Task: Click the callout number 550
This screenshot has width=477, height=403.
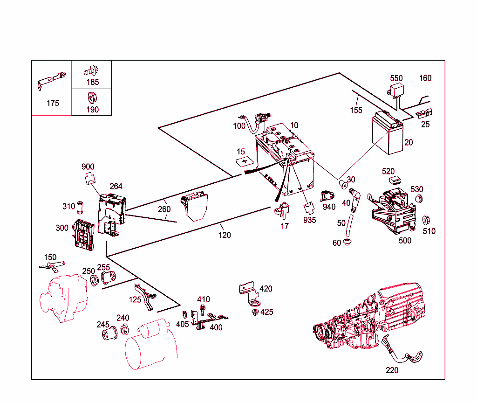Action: pyautogui.click(x=396, y=78)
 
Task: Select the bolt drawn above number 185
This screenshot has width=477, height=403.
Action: pyautogui.click(x=90, y=71)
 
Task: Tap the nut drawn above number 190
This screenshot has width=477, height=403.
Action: pyautogui.click(x=92, y=98)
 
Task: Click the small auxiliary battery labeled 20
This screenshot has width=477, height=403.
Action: pyautogui.click(x=387, y=136)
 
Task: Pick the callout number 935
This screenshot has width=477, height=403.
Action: pyautogui.click(x=309, y=220)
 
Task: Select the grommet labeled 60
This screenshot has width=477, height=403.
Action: pyautogui.click(x=347, y=242)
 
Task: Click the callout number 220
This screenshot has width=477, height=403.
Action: pyautogui.click(x=392, y=370)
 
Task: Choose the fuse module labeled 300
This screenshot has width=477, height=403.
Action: pyautogui.click(x=84, y=235)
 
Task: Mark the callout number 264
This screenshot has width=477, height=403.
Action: pyautogui.click(x=116, y=187)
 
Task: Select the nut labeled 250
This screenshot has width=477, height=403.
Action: pyautogui.click(x=93, y=280)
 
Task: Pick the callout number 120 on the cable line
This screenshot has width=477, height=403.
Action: pyautogui.click(x=225, y=235)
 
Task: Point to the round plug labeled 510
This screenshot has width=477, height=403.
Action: pyautogui.click(x=426, y=220)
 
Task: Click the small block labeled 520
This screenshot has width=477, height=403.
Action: pyautogui.click(x=395, y=180)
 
